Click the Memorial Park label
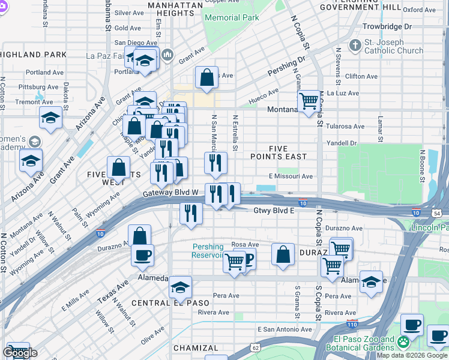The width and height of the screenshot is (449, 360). [x=232, y=18]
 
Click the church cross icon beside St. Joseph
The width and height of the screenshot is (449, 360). [x=355, y=45]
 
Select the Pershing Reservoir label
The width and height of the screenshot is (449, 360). [x=208, y=251]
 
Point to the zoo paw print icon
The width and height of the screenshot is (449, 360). [x=404, y=343]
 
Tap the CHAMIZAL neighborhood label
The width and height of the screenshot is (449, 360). [x=196, y=348]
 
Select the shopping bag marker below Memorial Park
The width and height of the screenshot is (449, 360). [x=206, y=77]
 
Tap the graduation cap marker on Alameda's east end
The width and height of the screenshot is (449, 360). [x=371, y=281]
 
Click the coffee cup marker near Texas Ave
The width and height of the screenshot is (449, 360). [x=143, y=255]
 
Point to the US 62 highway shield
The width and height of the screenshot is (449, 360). [x=256, y=347]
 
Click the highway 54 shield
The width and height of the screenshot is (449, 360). [x=438, y=213]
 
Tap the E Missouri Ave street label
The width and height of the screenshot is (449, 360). [x=291, y=176]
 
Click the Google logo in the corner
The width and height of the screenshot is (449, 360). [x=20, y=353]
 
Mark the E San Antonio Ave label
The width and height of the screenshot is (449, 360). [x=285, y=329]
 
